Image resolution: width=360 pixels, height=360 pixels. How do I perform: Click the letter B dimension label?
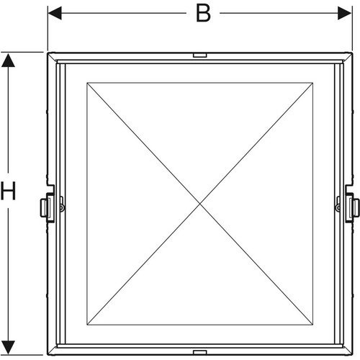(x=203, y=14)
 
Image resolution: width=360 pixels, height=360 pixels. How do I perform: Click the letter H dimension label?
(x=8, y=191)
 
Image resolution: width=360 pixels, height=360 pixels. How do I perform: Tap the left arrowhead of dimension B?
(x=55, y=13)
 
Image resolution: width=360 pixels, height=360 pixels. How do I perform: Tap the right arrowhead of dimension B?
(x=344, y=13)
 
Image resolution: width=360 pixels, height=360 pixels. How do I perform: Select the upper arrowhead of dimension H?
(x=8, y=60)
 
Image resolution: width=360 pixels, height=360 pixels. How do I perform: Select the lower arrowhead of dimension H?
(x=8, y=347)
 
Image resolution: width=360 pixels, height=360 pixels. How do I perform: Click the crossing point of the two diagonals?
(x=200, y=204)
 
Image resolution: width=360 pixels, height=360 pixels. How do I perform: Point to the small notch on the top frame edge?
(x=200, y=55)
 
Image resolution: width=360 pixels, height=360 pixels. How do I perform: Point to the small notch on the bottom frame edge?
(x=200, y=352)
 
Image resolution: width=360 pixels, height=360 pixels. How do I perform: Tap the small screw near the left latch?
(x=62, y=207)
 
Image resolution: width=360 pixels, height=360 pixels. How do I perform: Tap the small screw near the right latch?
(x=338, y=207)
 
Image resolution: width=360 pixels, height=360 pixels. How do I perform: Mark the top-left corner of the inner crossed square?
(x=87, y=83)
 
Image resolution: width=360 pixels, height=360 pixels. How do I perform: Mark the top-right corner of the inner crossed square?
(x=312, y=83)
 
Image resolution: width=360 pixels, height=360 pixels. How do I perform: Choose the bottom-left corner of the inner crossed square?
(x=87, y=325)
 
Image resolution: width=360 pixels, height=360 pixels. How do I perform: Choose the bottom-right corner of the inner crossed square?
(x=312, y=325)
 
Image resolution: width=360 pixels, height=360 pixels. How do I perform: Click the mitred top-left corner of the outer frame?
(x=53, y=58)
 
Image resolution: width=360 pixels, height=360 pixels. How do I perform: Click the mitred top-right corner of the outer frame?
(x=347, y=58)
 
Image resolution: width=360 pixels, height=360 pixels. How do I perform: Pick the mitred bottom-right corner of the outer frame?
(x=347, y=350)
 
